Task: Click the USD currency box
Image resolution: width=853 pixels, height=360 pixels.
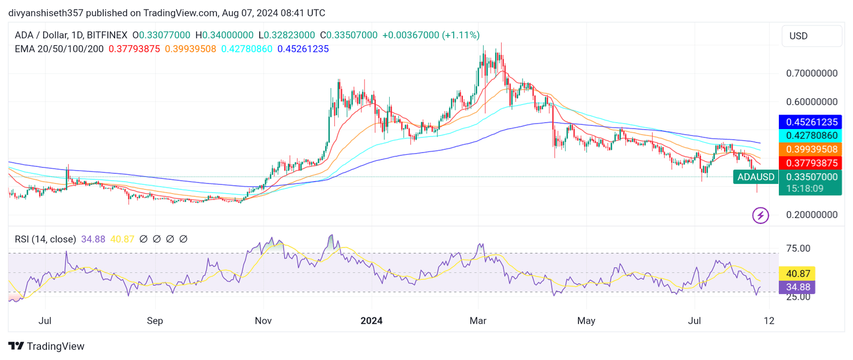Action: pyautogui.click(x=811, y=36)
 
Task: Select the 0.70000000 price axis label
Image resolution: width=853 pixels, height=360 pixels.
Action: pyautogui.click(x=811, y=73)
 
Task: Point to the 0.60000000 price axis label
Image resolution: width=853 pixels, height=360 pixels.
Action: pyautogui.click(x=811, y=101)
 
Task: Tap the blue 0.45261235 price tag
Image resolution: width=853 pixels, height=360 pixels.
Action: pyautogui.click(x=810, y=122)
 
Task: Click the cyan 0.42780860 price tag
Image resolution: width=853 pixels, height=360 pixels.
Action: pyautogui.click(x=810, y=135)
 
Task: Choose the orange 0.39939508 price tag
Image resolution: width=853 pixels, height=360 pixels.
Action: pyautogui.click(x=810, y=149)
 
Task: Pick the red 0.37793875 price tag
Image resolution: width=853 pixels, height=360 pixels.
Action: pyautogui.click(x=810, y=163)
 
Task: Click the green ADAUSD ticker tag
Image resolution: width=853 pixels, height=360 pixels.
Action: pyautogui.click(x=755, y=177)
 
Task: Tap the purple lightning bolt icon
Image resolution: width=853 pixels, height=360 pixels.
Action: pyautogui.click(x=760, y=215)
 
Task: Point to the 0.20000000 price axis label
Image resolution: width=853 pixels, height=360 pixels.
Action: pyautogui.click(x=811, y=214)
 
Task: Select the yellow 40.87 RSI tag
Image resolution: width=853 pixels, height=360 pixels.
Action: pyautogui.click(x=798, y=274)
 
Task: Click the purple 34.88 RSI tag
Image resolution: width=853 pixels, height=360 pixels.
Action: pyautogui.click(x=798, y=287)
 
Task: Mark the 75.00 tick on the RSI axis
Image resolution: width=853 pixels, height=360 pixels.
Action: pyautogui.click(x=798, y=249)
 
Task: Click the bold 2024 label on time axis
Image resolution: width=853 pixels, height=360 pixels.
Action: pyautogui.click(x=371, y=321)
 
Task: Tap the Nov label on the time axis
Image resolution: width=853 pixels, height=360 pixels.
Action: pyautogui.click(x=263, y=321)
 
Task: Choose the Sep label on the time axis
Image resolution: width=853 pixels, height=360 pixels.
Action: pyautogui.click(x=155, y=321)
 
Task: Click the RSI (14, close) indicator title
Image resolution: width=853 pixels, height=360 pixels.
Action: pyautogui.click(x=45, y=239)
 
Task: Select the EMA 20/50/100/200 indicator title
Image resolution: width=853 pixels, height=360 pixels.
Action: pyautogui.click(x=59, y=49)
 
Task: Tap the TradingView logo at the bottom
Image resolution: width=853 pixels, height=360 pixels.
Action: pyautogui.click(x=46, y=346)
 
